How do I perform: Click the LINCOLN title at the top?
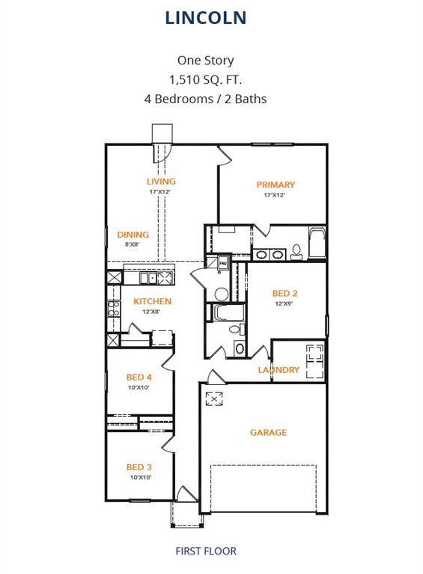point(206,17)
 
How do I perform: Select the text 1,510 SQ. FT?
point(205,79)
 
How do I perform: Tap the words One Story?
point(205,61)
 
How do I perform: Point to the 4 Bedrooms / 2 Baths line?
point(205,98)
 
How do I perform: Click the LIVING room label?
point(161,182)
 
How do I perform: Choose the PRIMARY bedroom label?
point(276,185)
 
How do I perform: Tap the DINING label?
point(133,235)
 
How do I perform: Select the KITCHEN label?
point(153,301)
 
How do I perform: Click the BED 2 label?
point(285,294)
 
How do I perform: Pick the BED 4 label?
point(139,377)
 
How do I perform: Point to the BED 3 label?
point(139,467)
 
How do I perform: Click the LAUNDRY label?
point(279,370)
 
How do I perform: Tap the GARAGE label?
point(268,432)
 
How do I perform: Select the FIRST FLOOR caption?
point(205,551)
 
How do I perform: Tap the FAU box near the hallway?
point(222,262)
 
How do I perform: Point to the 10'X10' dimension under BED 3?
point(140,477)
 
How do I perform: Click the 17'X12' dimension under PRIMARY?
point(275,195)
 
